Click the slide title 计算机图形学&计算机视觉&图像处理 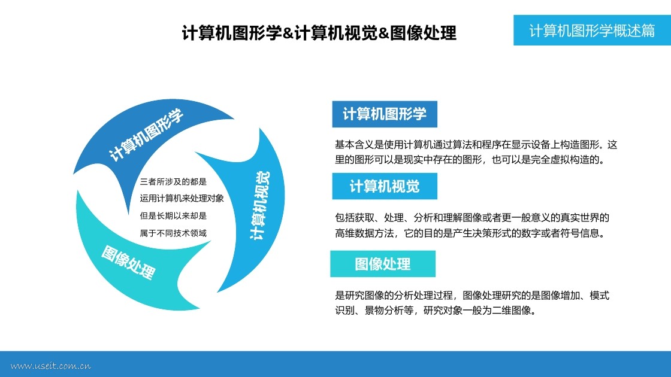pos(319,33)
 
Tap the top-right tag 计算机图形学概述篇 pos(592,31)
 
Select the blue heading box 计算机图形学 pos(385,114)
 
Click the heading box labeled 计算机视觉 pos(385,187)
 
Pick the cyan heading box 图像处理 pos(383,264)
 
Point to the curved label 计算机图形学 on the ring pos(146,135)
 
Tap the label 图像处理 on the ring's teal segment pos(128,262)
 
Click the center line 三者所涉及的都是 pos(173,181)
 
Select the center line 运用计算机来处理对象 pos(182,198)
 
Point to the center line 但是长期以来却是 pos(173,215)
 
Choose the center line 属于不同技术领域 pos(173,233)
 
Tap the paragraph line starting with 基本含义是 pos(476,145)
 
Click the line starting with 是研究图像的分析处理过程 pos(472,296)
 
